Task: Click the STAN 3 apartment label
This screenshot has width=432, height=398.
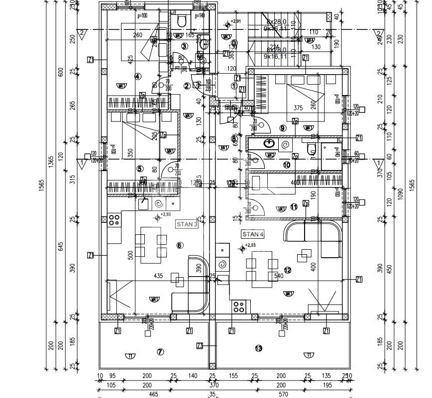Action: tap(187, 224)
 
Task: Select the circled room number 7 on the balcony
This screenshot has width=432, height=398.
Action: tap(160, 352)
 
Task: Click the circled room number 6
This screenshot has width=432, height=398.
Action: tap(180, 245)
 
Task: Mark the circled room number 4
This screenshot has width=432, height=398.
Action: tap(138, 76)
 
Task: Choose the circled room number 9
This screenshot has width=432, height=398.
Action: tap(283, 128)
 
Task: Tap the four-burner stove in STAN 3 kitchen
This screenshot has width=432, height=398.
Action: tap(114, 219)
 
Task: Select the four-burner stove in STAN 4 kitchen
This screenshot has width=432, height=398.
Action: tap(239, 306)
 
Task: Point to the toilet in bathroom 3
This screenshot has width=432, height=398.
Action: tap(181, 21)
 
